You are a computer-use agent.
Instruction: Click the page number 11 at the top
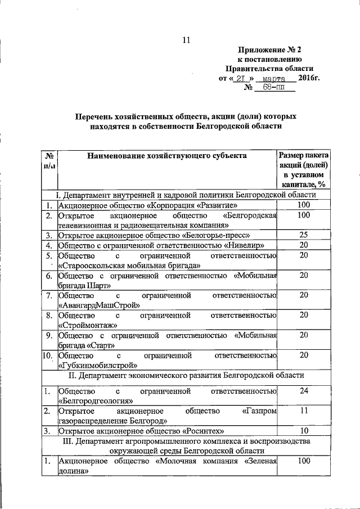(187, 39)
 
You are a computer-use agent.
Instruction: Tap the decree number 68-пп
(272, 88)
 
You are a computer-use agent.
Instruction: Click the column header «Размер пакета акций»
(303, 160)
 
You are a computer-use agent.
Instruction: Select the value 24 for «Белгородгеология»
(303, 390)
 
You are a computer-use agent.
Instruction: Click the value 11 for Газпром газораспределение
(303, 411)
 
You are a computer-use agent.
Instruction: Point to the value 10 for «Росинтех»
(303, 431)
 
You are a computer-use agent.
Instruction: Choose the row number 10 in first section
(48, 355)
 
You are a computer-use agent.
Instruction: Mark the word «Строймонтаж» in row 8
(88, 325)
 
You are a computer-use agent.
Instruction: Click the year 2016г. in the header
(308, 78)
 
